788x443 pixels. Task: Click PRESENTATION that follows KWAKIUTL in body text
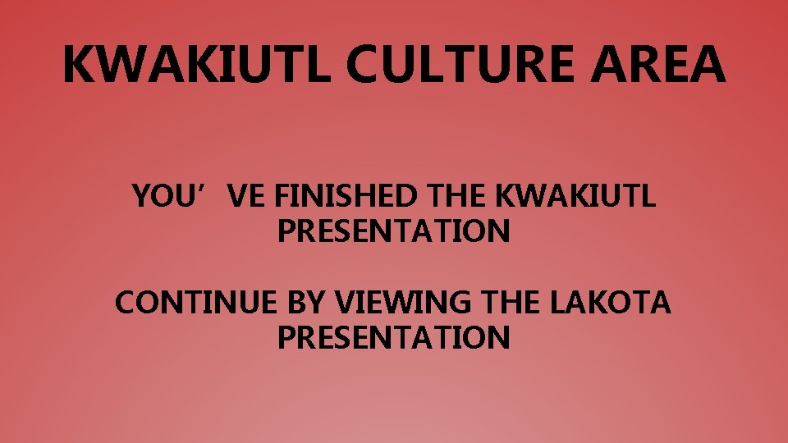[394, 232]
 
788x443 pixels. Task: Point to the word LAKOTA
[610, 303]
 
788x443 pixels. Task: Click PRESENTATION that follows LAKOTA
[394, 337]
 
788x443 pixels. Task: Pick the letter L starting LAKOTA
[556, 303]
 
